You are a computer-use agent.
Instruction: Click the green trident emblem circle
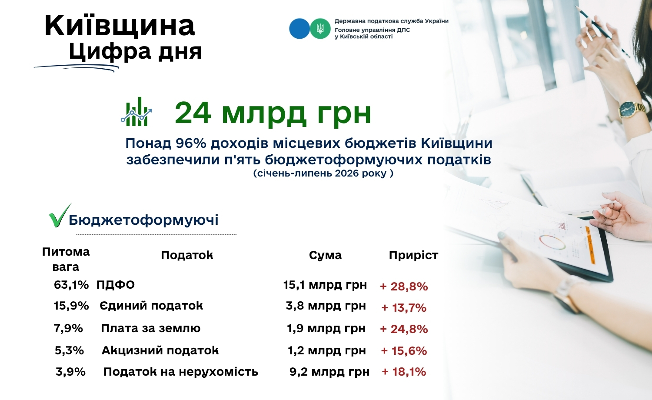320,29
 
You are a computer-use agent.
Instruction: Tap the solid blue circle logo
299,29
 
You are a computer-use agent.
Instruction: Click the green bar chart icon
136,112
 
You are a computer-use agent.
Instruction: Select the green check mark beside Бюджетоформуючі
60,215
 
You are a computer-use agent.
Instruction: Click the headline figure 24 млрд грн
273,113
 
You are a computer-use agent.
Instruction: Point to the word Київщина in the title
120,26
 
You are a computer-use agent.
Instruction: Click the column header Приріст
413,255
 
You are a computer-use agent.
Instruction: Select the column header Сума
325,255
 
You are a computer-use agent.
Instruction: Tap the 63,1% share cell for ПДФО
71,285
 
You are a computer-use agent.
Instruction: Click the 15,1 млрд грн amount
325,285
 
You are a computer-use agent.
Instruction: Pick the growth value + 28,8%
404,287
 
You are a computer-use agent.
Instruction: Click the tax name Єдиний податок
151,306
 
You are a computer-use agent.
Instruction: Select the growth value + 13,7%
404,308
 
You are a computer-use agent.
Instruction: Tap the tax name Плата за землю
150,328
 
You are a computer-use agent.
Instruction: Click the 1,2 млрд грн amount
326,350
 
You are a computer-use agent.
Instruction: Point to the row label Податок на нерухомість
181,372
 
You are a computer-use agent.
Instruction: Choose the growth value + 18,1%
404,372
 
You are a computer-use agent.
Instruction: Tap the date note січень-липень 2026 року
323,173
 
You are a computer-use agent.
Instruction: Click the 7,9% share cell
68,328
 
